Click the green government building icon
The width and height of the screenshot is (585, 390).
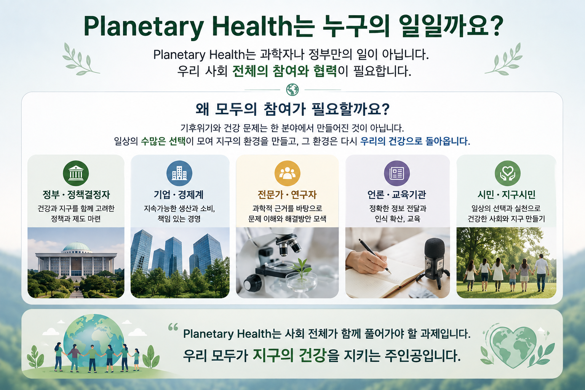pos(76,173)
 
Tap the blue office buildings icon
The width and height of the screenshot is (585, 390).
pos(179,173)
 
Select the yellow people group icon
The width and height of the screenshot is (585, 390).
pos(287,173)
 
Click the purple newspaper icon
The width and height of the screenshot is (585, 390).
pos(397,173)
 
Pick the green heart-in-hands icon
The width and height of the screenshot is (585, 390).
pos(507,173)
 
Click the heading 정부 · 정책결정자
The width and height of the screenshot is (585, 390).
pos(76,195)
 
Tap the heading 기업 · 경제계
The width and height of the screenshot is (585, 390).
pos(179,195)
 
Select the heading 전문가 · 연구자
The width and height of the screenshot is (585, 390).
pos(287,195)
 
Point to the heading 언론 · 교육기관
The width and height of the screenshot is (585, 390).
pos(397,195)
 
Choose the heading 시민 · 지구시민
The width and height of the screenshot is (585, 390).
pos(507,195)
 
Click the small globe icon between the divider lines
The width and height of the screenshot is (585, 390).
pos(292,90)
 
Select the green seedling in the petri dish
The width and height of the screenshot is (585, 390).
pos(302,269)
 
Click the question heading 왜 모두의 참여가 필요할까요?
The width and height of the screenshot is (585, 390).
pos(292,109)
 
